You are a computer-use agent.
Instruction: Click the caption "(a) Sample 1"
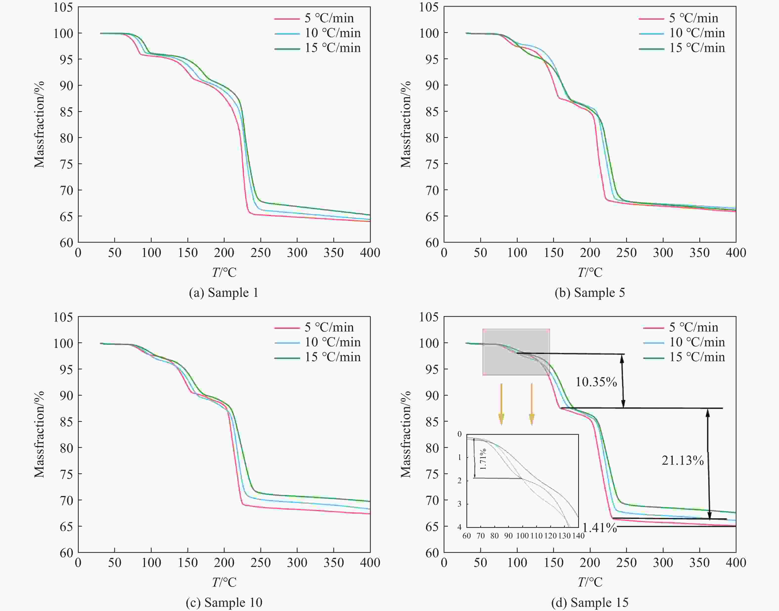click(224, 293)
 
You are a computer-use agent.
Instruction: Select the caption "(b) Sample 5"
click(590, 293)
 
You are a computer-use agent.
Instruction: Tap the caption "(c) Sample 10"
click(224, 602)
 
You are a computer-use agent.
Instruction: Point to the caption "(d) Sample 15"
click(590, 602)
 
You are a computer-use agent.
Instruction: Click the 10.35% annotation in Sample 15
click(596, 382)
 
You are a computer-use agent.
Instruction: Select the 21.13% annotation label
click(683, 460)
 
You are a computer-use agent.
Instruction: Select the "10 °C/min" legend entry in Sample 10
click(332, 342)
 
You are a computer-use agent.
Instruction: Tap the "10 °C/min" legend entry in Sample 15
click(697, 342)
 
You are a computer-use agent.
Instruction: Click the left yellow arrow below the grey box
click(501, 404)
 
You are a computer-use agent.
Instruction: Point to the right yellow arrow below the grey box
click(532, 404)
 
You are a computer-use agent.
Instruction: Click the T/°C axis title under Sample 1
click(224, 273)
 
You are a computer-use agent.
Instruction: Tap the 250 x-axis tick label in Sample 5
click(626, 253)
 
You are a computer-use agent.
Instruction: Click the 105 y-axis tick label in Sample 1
click(63, 7)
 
